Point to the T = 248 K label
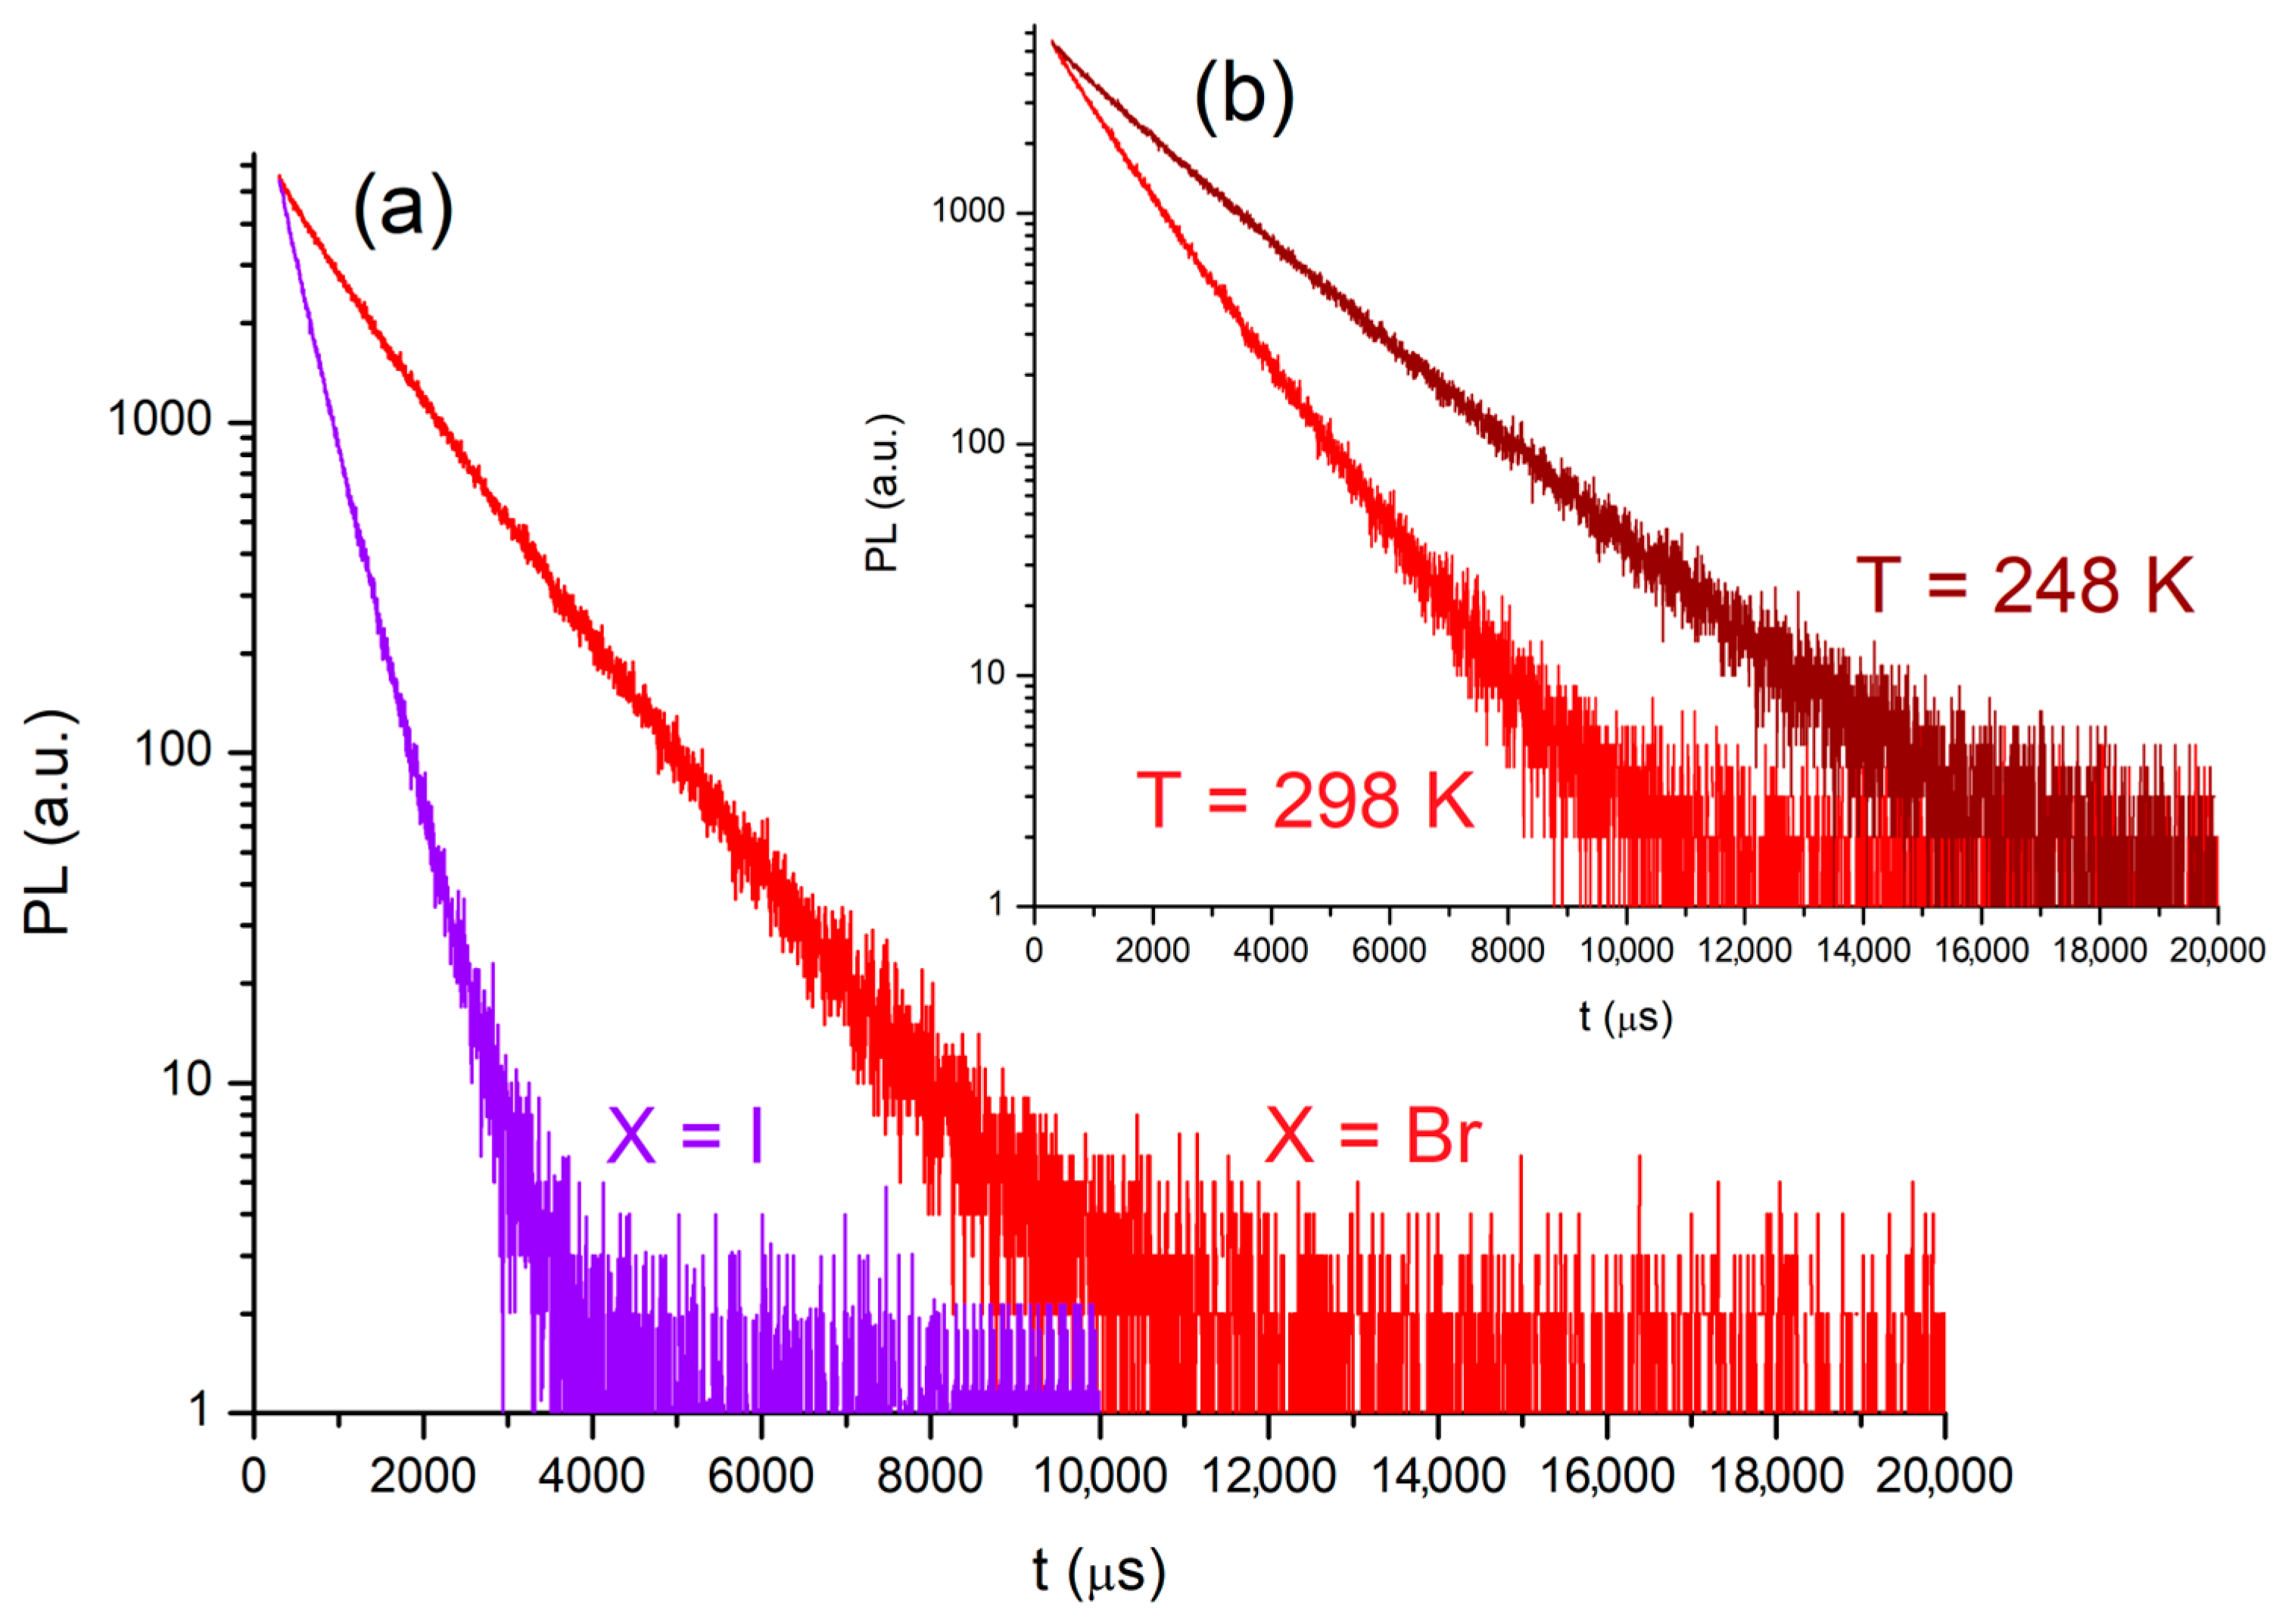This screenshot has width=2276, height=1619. [2024, 585]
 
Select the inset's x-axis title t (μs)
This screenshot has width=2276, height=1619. [1625, 1017]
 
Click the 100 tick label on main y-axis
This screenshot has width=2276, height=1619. [173, 749]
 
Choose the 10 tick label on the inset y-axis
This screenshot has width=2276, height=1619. [987, 674]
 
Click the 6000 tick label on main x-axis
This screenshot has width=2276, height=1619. [760, 1475]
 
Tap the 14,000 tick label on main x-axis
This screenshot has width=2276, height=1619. [1437, 1475]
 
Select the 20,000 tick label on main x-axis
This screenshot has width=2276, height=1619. [1943, 1475]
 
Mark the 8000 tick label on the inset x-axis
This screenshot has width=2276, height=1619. [1506, 950]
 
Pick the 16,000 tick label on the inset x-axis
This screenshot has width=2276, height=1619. [1981, 950]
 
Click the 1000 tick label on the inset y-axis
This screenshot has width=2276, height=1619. [968, 210]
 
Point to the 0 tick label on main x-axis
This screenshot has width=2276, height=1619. [254, 1475]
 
